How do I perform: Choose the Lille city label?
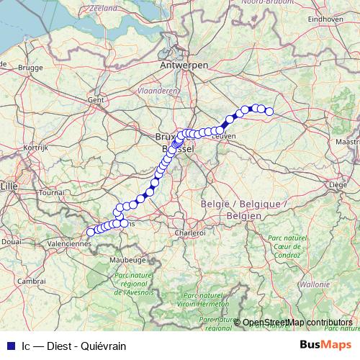(9, 185)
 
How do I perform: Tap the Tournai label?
(52, 193)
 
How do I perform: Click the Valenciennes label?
(70, 243)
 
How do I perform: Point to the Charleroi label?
(191, 233)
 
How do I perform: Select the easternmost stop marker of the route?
(269, 111)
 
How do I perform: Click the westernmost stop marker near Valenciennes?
(91, 232)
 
